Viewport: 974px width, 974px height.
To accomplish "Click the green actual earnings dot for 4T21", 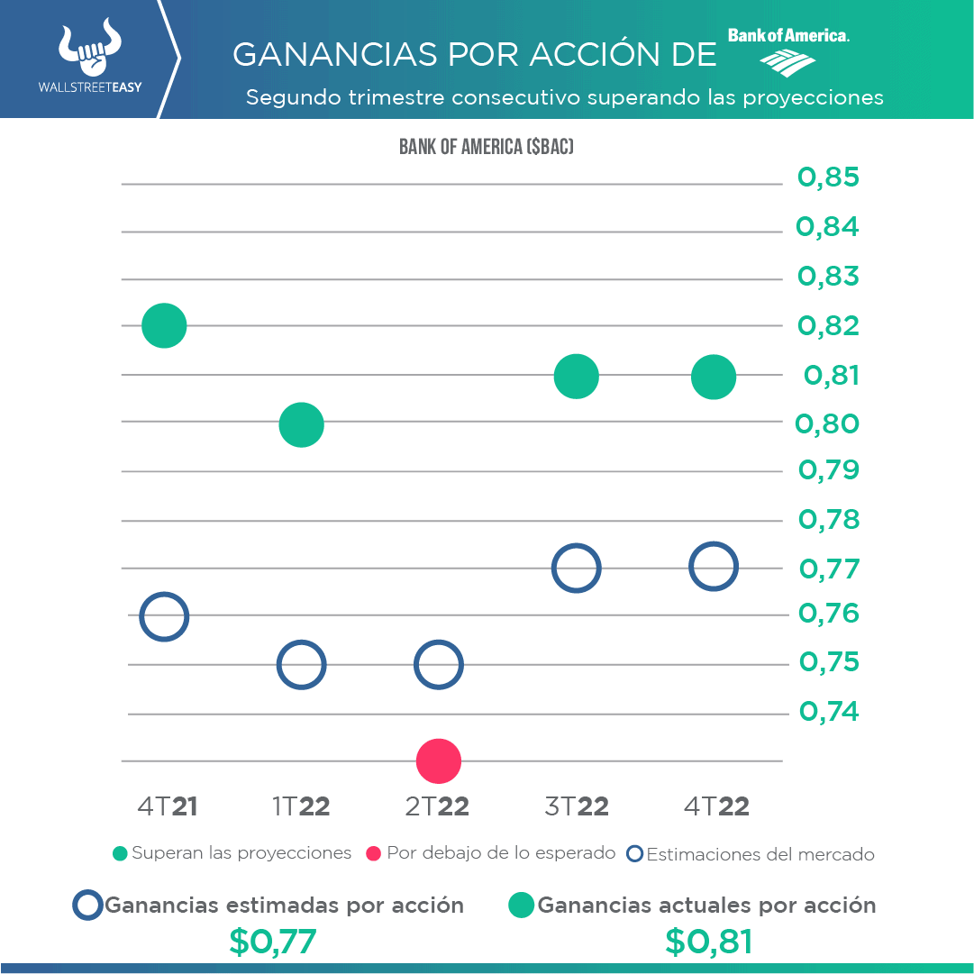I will pos(164,325).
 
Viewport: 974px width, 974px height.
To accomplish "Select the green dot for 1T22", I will pos(301,424).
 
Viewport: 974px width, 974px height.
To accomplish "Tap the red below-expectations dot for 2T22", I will pos(439,761).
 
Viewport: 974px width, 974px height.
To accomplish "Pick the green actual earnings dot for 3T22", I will pos(577,376).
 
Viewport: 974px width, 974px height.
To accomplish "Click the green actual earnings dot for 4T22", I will pos(714,376).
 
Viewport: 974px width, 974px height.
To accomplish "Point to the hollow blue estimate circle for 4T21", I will pos(163,617).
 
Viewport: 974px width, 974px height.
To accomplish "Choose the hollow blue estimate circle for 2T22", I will pos(438,665).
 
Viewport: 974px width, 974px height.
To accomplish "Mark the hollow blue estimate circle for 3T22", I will pos(576,569).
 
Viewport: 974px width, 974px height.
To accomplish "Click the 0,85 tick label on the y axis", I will pos(828,178).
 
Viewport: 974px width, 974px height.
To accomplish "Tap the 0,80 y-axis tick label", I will pos(828,423).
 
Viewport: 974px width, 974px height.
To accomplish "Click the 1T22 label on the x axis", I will pos(301,806).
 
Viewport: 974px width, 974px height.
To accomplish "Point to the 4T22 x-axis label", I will pos(716,806).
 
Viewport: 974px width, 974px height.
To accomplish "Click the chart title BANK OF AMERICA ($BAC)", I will pos(487,147).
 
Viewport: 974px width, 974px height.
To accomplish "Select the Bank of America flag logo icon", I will pos(787,61).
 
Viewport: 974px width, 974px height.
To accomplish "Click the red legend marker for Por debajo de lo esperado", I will pos(375,853).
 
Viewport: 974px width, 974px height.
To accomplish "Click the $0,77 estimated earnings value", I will pos(273,942).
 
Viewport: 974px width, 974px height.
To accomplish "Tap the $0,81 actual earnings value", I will pos(708,942).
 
